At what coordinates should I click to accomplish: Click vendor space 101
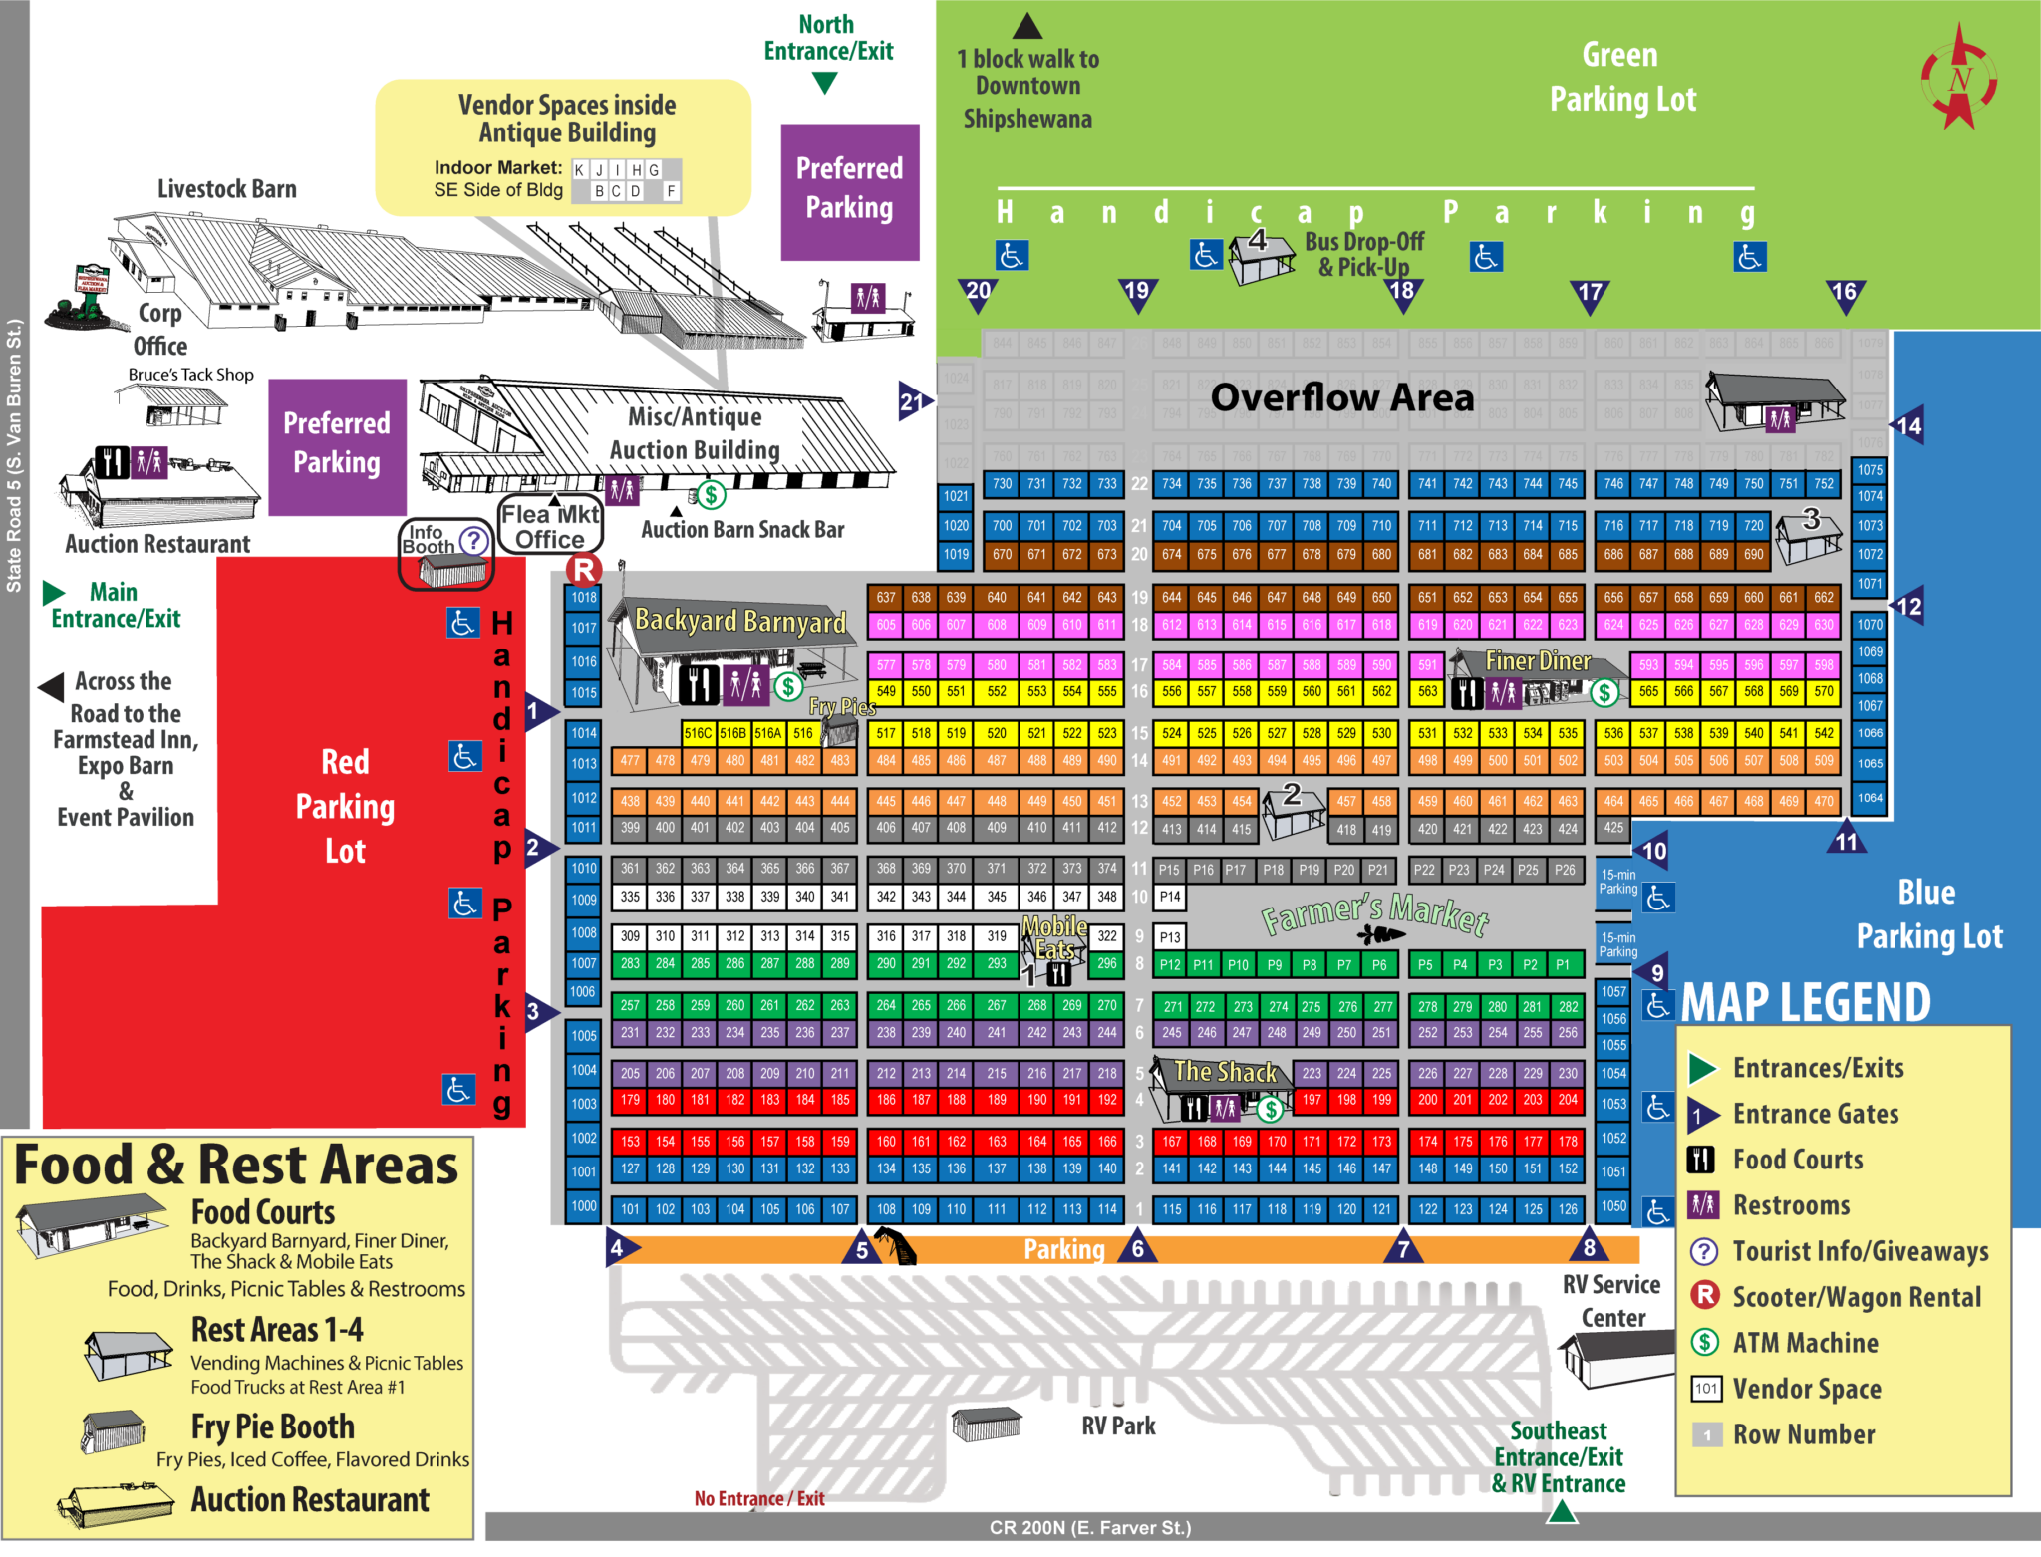(630, 1209)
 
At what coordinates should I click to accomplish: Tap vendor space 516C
(698, 733)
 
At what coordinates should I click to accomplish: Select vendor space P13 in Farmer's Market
(1170, 937)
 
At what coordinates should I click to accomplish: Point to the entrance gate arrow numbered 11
(1847, 839)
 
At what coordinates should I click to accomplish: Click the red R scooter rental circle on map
(584, 570)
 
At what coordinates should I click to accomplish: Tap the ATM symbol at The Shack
(1270, 1108)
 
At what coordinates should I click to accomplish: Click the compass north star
(1959, 78)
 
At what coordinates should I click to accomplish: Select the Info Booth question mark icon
(474, 541)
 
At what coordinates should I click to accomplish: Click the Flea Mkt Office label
(550, 526)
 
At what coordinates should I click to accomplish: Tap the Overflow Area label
(1341, 397)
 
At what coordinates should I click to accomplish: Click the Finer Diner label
(1537, 660)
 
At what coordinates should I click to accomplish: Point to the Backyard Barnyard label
(739, 621)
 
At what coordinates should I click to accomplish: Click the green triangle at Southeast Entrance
(1562, 1512)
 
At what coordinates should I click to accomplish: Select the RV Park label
(1118, 1426)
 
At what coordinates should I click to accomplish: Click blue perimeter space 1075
(1870, 470)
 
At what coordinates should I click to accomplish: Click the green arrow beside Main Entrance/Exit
(53, 594)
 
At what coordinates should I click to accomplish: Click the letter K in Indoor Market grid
(579, 170)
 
